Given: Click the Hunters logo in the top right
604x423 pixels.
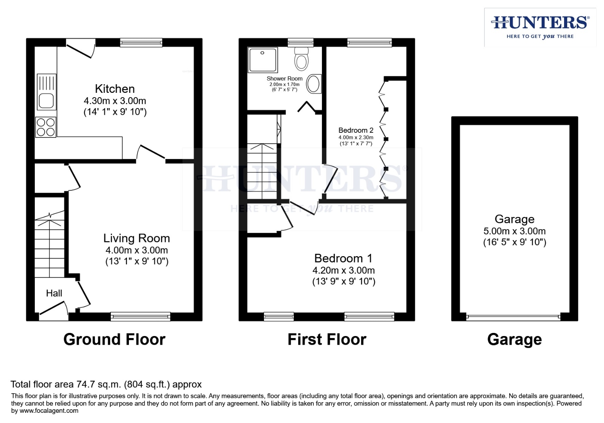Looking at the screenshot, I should point(540,27).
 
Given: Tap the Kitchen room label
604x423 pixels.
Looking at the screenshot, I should point(115,89).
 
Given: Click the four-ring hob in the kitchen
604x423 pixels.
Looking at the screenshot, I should point(46,127).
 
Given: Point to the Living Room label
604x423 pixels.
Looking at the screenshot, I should point(136,238).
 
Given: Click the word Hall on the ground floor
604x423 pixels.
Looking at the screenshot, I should point(54,293).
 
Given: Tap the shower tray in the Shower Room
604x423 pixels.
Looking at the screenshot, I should point(262,60).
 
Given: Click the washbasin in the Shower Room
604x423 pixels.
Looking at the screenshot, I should point(313,84).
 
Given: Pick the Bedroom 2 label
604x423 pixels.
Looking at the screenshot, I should point(356,130).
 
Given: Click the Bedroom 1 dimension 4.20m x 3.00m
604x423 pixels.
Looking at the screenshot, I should point(344,270).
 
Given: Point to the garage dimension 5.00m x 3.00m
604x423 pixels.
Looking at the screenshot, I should point(514,231).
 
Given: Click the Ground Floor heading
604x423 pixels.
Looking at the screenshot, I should point(114,339).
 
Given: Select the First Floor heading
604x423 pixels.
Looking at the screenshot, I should point(327,339).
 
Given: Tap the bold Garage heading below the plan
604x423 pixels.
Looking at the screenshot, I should point(514,339).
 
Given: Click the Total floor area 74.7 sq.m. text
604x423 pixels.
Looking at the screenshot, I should point(106,384).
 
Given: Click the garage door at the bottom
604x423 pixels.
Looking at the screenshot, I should point(514,317).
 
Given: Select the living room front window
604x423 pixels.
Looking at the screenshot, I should point(140,316).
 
